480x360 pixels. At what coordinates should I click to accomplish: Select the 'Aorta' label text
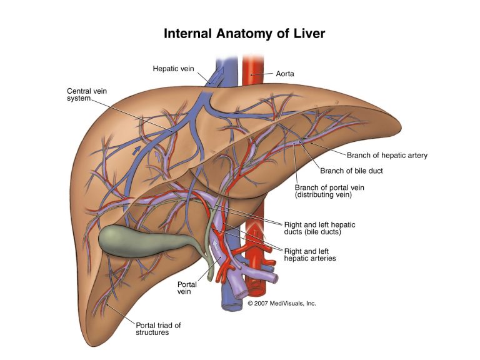click(285, 74)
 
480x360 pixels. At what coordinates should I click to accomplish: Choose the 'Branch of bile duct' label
click(351, 171)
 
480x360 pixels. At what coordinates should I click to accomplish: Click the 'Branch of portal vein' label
click(330, 186)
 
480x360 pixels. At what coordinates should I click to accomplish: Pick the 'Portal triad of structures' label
click(152, 329)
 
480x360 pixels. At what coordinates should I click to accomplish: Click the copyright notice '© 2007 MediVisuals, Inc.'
click(282, 303)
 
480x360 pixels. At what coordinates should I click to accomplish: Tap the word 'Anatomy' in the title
click(239, 33)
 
